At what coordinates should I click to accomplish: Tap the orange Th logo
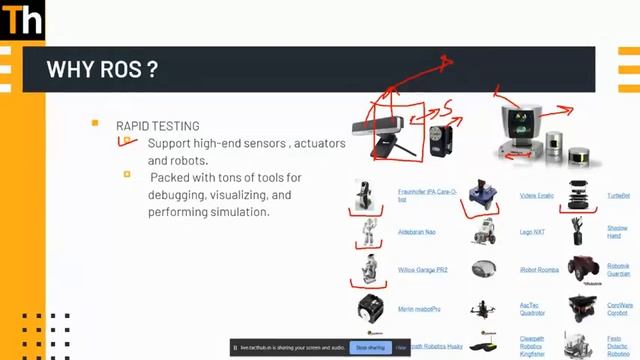(x=21, y=19)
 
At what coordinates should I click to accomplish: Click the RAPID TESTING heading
(x=157, y=126)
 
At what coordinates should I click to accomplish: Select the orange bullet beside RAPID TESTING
(x=95, y=123)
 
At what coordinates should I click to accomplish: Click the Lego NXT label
(x=532, y=232)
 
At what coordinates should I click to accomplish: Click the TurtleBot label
(x=619, y=195)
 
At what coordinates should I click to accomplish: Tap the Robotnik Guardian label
(x=618, y=269)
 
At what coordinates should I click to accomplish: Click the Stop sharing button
(x=369, y=347)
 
